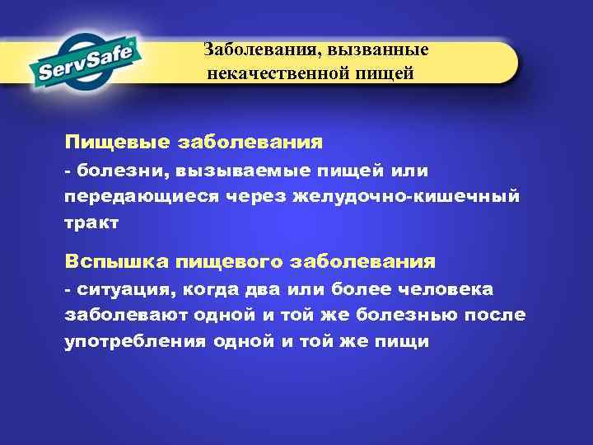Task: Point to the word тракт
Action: click(91, 222)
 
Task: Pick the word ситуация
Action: click(124, 289)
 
